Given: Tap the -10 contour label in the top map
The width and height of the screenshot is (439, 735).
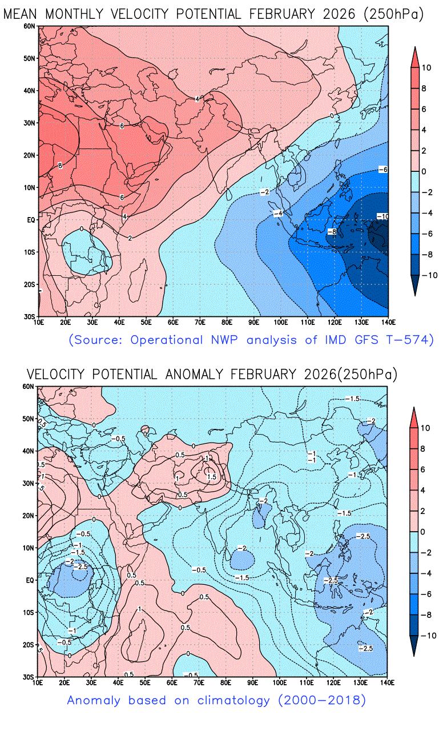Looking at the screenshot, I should [382, 216].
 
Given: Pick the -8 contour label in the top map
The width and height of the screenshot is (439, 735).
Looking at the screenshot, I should [331, 231].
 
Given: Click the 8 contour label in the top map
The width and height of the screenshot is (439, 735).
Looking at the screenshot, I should [60, 166].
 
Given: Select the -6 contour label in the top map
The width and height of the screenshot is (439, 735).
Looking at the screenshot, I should [382, 170].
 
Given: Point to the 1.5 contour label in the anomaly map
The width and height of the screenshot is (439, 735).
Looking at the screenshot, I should [211, 476].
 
